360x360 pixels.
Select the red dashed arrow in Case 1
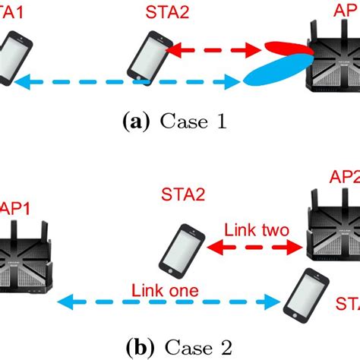(216, 52)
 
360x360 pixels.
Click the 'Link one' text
(165, 289)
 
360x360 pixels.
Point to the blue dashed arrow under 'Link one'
(167, 303)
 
